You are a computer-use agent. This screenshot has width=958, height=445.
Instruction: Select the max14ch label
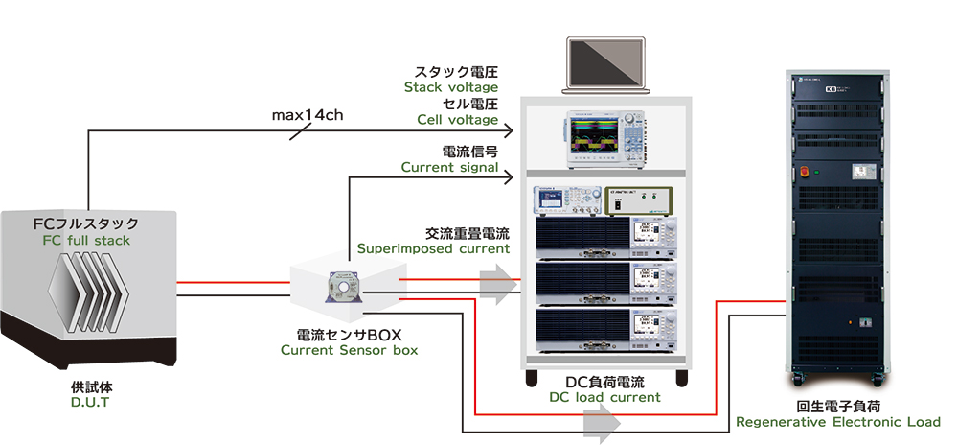coord(308,115)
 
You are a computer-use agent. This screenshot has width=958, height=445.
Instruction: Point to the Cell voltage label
coord(457,120)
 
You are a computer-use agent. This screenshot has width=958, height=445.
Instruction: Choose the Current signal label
coord(449,167)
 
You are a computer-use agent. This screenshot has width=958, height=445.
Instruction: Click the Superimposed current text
coord(433,248)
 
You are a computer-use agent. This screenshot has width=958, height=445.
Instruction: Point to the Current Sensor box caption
coord(349,350)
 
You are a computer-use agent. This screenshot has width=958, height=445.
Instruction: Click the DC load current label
coord(604,397)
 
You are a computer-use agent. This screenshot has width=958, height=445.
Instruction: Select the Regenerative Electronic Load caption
coord(838,422)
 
